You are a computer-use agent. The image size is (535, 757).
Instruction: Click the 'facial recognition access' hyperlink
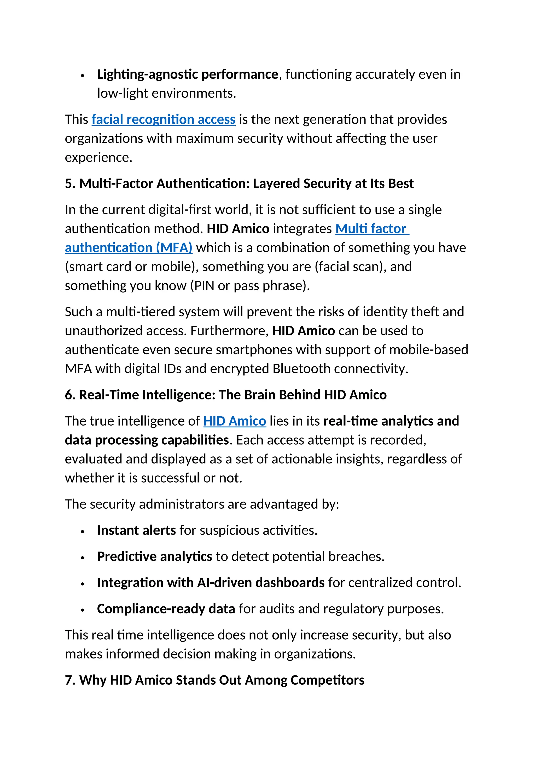163,119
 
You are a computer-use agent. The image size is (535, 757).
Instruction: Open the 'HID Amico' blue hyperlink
235,421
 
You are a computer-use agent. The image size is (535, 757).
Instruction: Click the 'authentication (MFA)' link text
129,248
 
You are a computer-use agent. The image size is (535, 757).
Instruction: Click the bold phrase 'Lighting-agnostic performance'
188,74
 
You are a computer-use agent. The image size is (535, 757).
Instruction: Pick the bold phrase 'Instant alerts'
136,530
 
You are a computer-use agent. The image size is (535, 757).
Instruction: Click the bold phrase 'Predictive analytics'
154,557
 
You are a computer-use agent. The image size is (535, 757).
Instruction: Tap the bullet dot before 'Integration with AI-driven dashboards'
83,584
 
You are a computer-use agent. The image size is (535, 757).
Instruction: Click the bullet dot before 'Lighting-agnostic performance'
83,76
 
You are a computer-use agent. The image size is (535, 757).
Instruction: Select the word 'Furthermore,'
230,331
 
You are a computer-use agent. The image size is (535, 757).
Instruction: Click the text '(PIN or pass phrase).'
250,285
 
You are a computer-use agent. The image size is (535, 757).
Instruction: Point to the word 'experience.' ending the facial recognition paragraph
98,157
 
